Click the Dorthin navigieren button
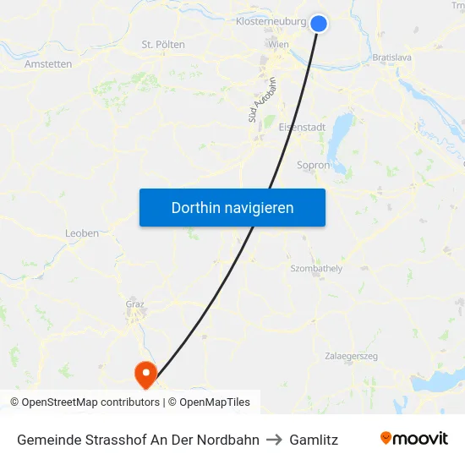click(232, 207)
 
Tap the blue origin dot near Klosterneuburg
click(319, 24)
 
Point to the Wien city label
click(277, 44)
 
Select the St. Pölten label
click(163, 44)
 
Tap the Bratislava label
click(391, 57)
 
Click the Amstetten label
click(48, 63)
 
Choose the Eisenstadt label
click(302, 127)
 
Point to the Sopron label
click(314, 166)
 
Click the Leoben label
click(82, 233)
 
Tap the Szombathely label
click(316, 268)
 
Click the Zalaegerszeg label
click(351, 356)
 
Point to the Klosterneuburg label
click(271, 20)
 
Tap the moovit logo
click(414, 439)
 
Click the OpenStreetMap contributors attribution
click(90, 402)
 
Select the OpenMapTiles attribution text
click(215, 402)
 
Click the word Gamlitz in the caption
click(314, 440)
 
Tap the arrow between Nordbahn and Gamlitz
click(274, 440)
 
